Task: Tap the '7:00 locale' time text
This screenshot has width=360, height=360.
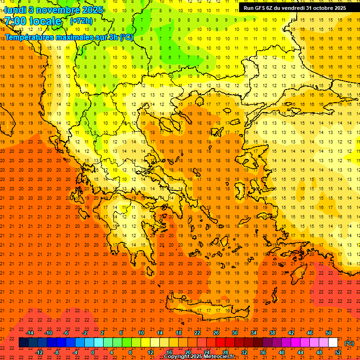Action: [x=33, y=21]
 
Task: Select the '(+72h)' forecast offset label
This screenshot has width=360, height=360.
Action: [x=81, y=21]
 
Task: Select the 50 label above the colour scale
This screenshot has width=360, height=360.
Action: [x=328, y=333]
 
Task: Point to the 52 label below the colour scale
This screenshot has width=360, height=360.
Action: [x=337, y=352]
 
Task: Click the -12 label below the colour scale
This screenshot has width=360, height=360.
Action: [x=39, y=352]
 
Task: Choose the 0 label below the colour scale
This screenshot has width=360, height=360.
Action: [x=93, y=352]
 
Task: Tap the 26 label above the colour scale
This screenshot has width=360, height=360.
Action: [x=216, y=333]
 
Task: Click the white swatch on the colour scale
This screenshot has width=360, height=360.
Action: [x=333, y=343]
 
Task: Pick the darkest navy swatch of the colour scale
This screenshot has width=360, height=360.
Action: [x=24, y=343]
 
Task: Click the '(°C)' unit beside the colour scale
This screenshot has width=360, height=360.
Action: [x=349, y=343]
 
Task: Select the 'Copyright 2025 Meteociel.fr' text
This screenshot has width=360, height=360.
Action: [x=199, y=357]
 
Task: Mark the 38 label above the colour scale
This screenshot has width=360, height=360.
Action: [x=272, y=333]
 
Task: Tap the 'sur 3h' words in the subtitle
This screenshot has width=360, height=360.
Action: [x=108, y=37]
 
